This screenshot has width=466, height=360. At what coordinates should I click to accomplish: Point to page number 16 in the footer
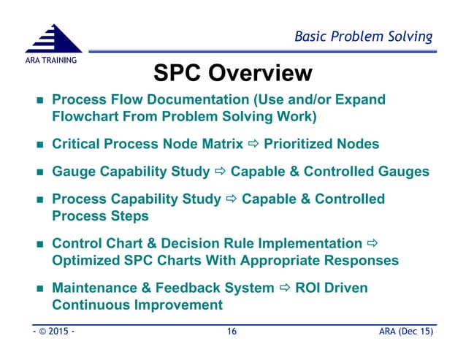coord(232,332)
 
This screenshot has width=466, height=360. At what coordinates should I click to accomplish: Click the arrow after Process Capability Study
coord(230,199)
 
